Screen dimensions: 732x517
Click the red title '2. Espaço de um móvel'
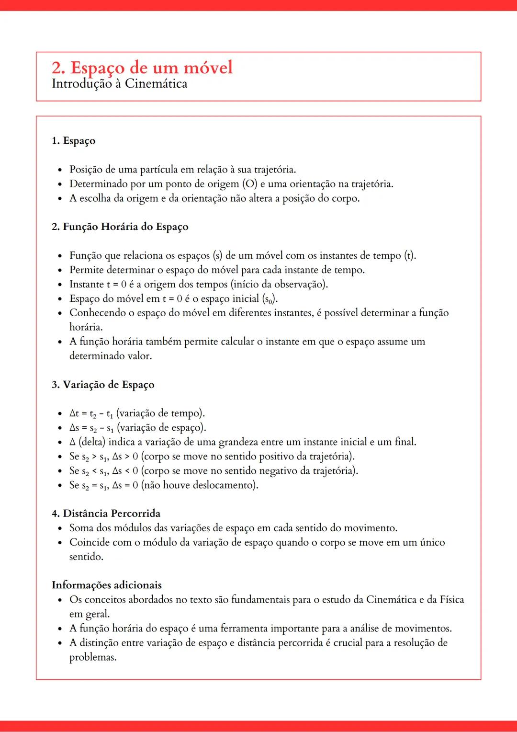pos(142,68)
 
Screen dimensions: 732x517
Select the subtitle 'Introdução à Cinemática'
pos(119,84)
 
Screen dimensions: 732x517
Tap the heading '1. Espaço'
pos(73,141)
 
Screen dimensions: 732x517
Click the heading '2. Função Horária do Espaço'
pos(120,227)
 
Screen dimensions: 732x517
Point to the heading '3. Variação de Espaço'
pos(103,385)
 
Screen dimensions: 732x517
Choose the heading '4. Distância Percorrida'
pos(106,514)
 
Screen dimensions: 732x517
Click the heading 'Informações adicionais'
pos(107,585)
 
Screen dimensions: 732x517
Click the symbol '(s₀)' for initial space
pos(270,299)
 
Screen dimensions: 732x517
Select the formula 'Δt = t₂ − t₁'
pos(91,413)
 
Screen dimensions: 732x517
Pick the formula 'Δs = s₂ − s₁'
pos(91,428)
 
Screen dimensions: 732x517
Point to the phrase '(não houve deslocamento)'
pos(200,485)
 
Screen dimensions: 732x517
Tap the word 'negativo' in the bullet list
pos(280,471)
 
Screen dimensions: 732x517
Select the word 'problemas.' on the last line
pos(93,657)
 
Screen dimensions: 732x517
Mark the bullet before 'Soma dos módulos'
pos(60,529)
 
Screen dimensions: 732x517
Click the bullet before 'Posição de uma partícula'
pos(60,170)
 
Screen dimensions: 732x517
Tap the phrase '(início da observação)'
pos(279,285)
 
